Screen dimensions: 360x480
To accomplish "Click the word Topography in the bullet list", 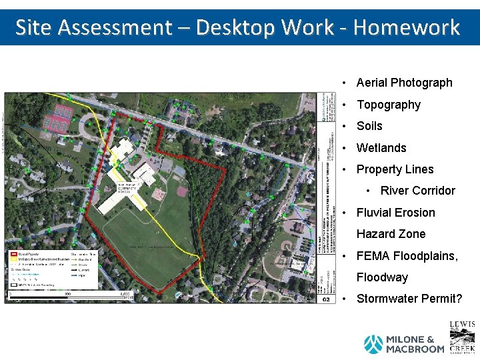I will (389, 105).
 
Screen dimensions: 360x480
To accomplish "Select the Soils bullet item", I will (369, 126).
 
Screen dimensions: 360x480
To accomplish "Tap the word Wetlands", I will (381, 148).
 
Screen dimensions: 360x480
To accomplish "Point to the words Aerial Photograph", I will (404, 83).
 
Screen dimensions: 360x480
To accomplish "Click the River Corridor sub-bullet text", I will (417, 191).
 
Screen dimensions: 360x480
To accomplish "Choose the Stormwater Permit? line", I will (409, 299).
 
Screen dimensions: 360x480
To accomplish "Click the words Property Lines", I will (395, 169).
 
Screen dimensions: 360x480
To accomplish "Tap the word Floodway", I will (382, 277).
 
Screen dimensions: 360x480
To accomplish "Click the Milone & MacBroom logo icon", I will (373, 344).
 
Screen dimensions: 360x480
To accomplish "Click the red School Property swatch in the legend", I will (13, 254).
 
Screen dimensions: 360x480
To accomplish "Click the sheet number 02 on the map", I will (326, 299).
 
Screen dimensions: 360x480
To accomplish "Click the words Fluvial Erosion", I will (395, 213).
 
